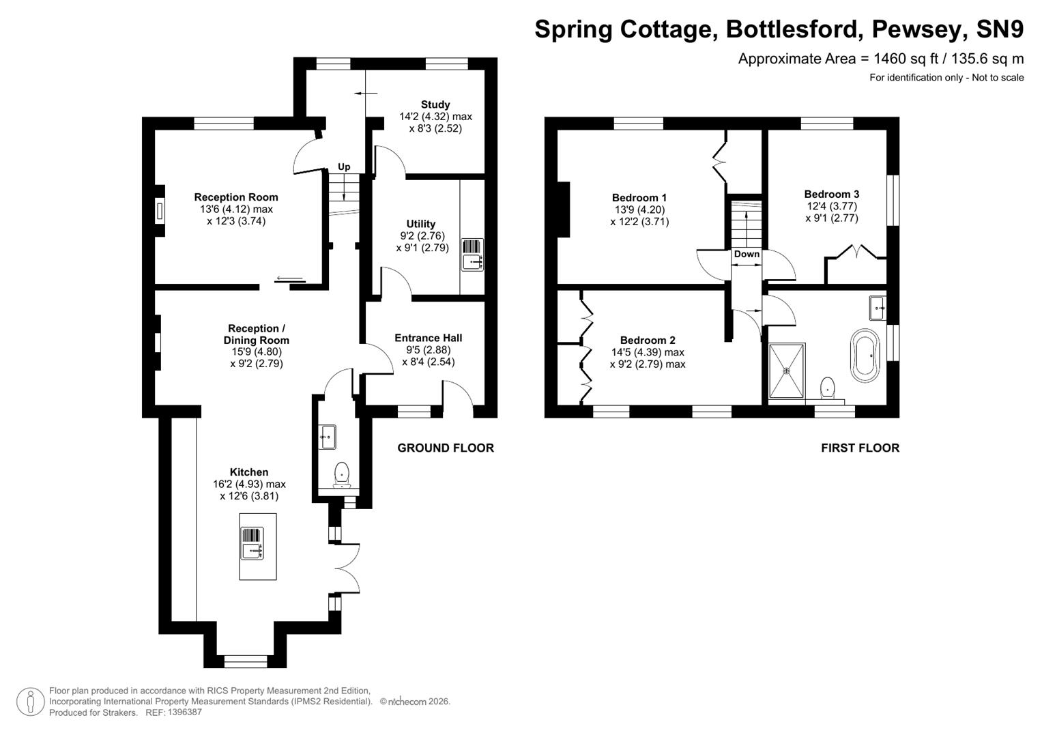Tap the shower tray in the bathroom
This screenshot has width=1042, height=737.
[x=787, y=371]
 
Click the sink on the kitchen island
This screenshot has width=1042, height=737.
[x=252, y=544]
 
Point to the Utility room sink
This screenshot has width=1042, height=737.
[x=472, y=255]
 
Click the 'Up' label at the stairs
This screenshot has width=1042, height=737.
[x=344, y=167]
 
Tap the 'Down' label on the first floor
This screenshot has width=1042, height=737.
[x=747, y=254]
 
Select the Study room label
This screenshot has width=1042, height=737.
[x=435, y=104]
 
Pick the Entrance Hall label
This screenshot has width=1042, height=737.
[x=428, y=338]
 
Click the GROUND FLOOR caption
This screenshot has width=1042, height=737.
[x=446, y=448]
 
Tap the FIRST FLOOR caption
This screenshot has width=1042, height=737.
[x=860, y=448]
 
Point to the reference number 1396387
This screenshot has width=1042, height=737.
[x=179, y=712]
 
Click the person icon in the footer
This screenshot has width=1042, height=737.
[x=30, y=701]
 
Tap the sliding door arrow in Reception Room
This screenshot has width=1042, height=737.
[x=290, y=278]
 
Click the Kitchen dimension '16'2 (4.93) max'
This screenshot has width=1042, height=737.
[x=249, y=484]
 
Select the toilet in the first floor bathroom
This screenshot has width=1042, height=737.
[x=828, y=388]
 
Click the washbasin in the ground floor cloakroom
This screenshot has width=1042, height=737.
[x=327, y=436]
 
